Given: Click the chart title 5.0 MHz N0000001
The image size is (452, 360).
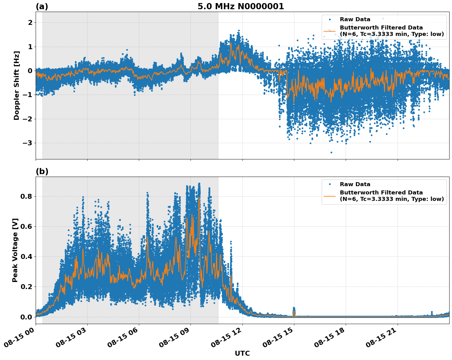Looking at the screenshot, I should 241,6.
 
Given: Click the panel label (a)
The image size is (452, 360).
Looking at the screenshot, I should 42,6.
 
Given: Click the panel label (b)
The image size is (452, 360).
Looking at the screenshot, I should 42,171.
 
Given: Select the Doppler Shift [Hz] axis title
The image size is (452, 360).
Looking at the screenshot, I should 17,85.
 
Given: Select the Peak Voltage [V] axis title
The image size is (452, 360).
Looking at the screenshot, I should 15,250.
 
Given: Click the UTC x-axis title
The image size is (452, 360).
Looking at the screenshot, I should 242,353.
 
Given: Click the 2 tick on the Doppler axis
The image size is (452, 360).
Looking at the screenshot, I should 30,23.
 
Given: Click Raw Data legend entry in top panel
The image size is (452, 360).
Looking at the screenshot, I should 355,19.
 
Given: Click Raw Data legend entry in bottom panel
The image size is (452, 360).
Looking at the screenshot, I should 355,184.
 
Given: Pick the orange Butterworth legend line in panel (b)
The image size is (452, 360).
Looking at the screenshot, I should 330,196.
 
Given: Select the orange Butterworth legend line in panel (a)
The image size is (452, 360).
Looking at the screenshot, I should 330,31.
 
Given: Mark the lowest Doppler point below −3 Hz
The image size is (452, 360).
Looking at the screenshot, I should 331,152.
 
